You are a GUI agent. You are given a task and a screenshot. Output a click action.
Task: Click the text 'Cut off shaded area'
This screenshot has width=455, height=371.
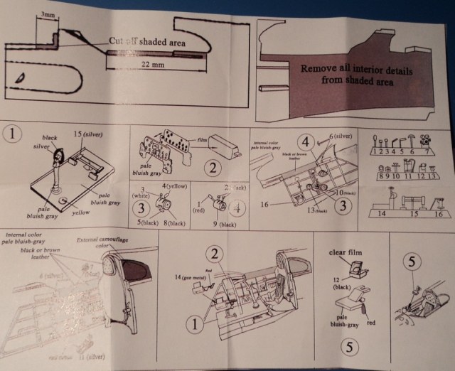[x=148, y=43]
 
